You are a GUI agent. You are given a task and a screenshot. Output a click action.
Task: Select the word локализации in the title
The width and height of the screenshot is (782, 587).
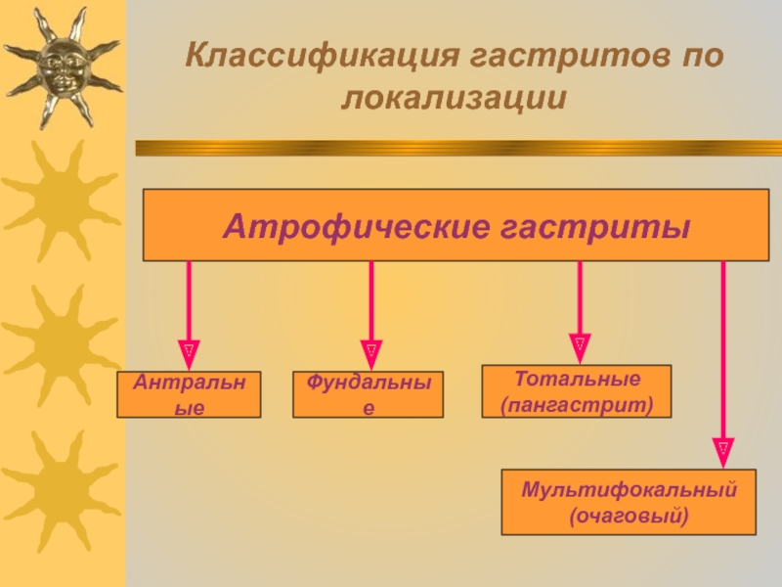click(x=456, y=98)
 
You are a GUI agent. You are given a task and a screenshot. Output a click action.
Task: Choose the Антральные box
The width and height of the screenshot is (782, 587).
click(x=190, y=394)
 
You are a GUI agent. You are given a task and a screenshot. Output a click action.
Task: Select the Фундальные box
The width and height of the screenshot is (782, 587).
click(x=368, y=394)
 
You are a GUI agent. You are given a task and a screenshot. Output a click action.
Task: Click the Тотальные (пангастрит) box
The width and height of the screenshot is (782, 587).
click(x=577, y=391)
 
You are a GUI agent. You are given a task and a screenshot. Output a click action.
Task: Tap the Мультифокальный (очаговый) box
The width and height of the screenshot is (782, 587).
click(x=629, y=502)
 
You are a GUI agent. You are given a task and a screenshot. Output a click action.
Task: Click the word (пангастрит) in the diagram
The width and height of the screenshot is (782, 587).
click(x=577, y=402)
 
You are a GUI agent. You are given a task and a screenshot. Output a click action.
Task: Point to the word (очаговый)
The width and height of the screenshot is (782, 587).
click(x=629, y=514)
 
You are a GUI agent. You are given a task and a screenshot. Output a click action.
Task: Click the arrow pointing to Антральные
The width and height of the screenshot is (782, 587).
click(x=189, y=308)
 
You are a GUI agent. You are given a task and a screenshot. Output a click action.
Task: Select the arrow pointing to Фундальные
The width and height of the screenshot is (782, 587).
click(x=370, y=308)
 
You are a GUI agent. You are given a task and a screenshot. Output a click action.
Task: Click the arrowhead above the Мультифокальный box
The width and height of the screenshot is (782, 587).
click(x=723, y=449)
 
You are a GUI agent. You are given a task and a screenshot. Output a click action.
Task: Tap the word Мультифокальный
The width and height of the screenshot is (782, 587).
click(x=629, y=489)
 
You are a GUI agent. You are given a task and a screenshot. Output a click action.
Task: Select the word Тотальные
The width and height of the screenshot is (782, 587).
click(x=577, y=379)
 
